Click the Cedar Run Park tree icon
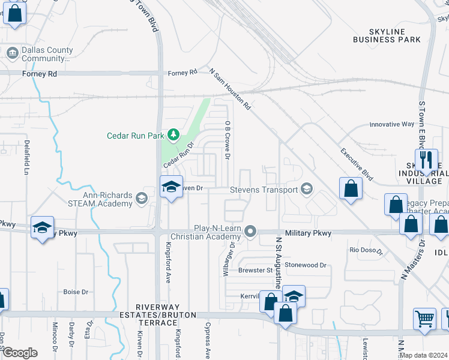pyautogui.click(x=173, y=134)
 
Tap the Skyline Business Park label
pyautogui.click(x=387, y=35)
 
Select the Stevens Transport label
pyautogui.click(x=264, y=190)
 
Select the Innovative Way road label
pyautogui.click(x=391, y=124)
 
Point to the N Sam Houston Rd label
pyautogui.click(x=230, y=89)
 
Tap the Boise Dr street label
pyautogui.click(x=76, y=292)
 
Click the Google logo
pyautogui.click(x=20, y=352)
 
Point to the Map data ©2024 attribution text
pyautogui.click(x=423, y=355)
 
